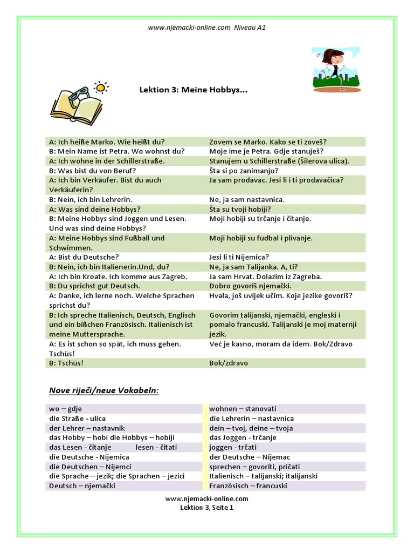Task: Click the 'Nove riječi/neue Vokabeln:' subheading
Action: point(104,390)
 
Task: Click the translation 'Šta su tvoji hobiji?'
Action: point(240,209)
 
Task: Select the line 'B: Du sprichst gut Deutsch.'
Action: point(94,286)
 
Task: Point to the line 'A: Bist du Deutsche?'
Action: point(84,257)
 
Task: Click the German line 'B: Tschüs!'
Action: point(66,363)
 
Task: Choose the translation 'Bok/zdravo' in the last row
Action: point(229,363)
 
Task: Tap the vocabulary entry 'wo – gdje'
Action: point(66,409)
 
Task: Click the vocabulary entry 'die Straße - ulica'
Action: point(77,419)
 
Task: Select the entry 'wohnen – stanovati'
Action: point(243,409)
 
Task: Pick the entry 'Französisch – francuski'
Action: point(248,485)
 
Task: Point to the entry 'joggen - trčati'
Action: point(233,447)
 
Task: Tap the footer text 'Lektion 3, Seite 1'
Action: point(206,508)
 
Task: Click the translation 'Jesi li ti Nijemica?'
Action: point(239,257)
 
